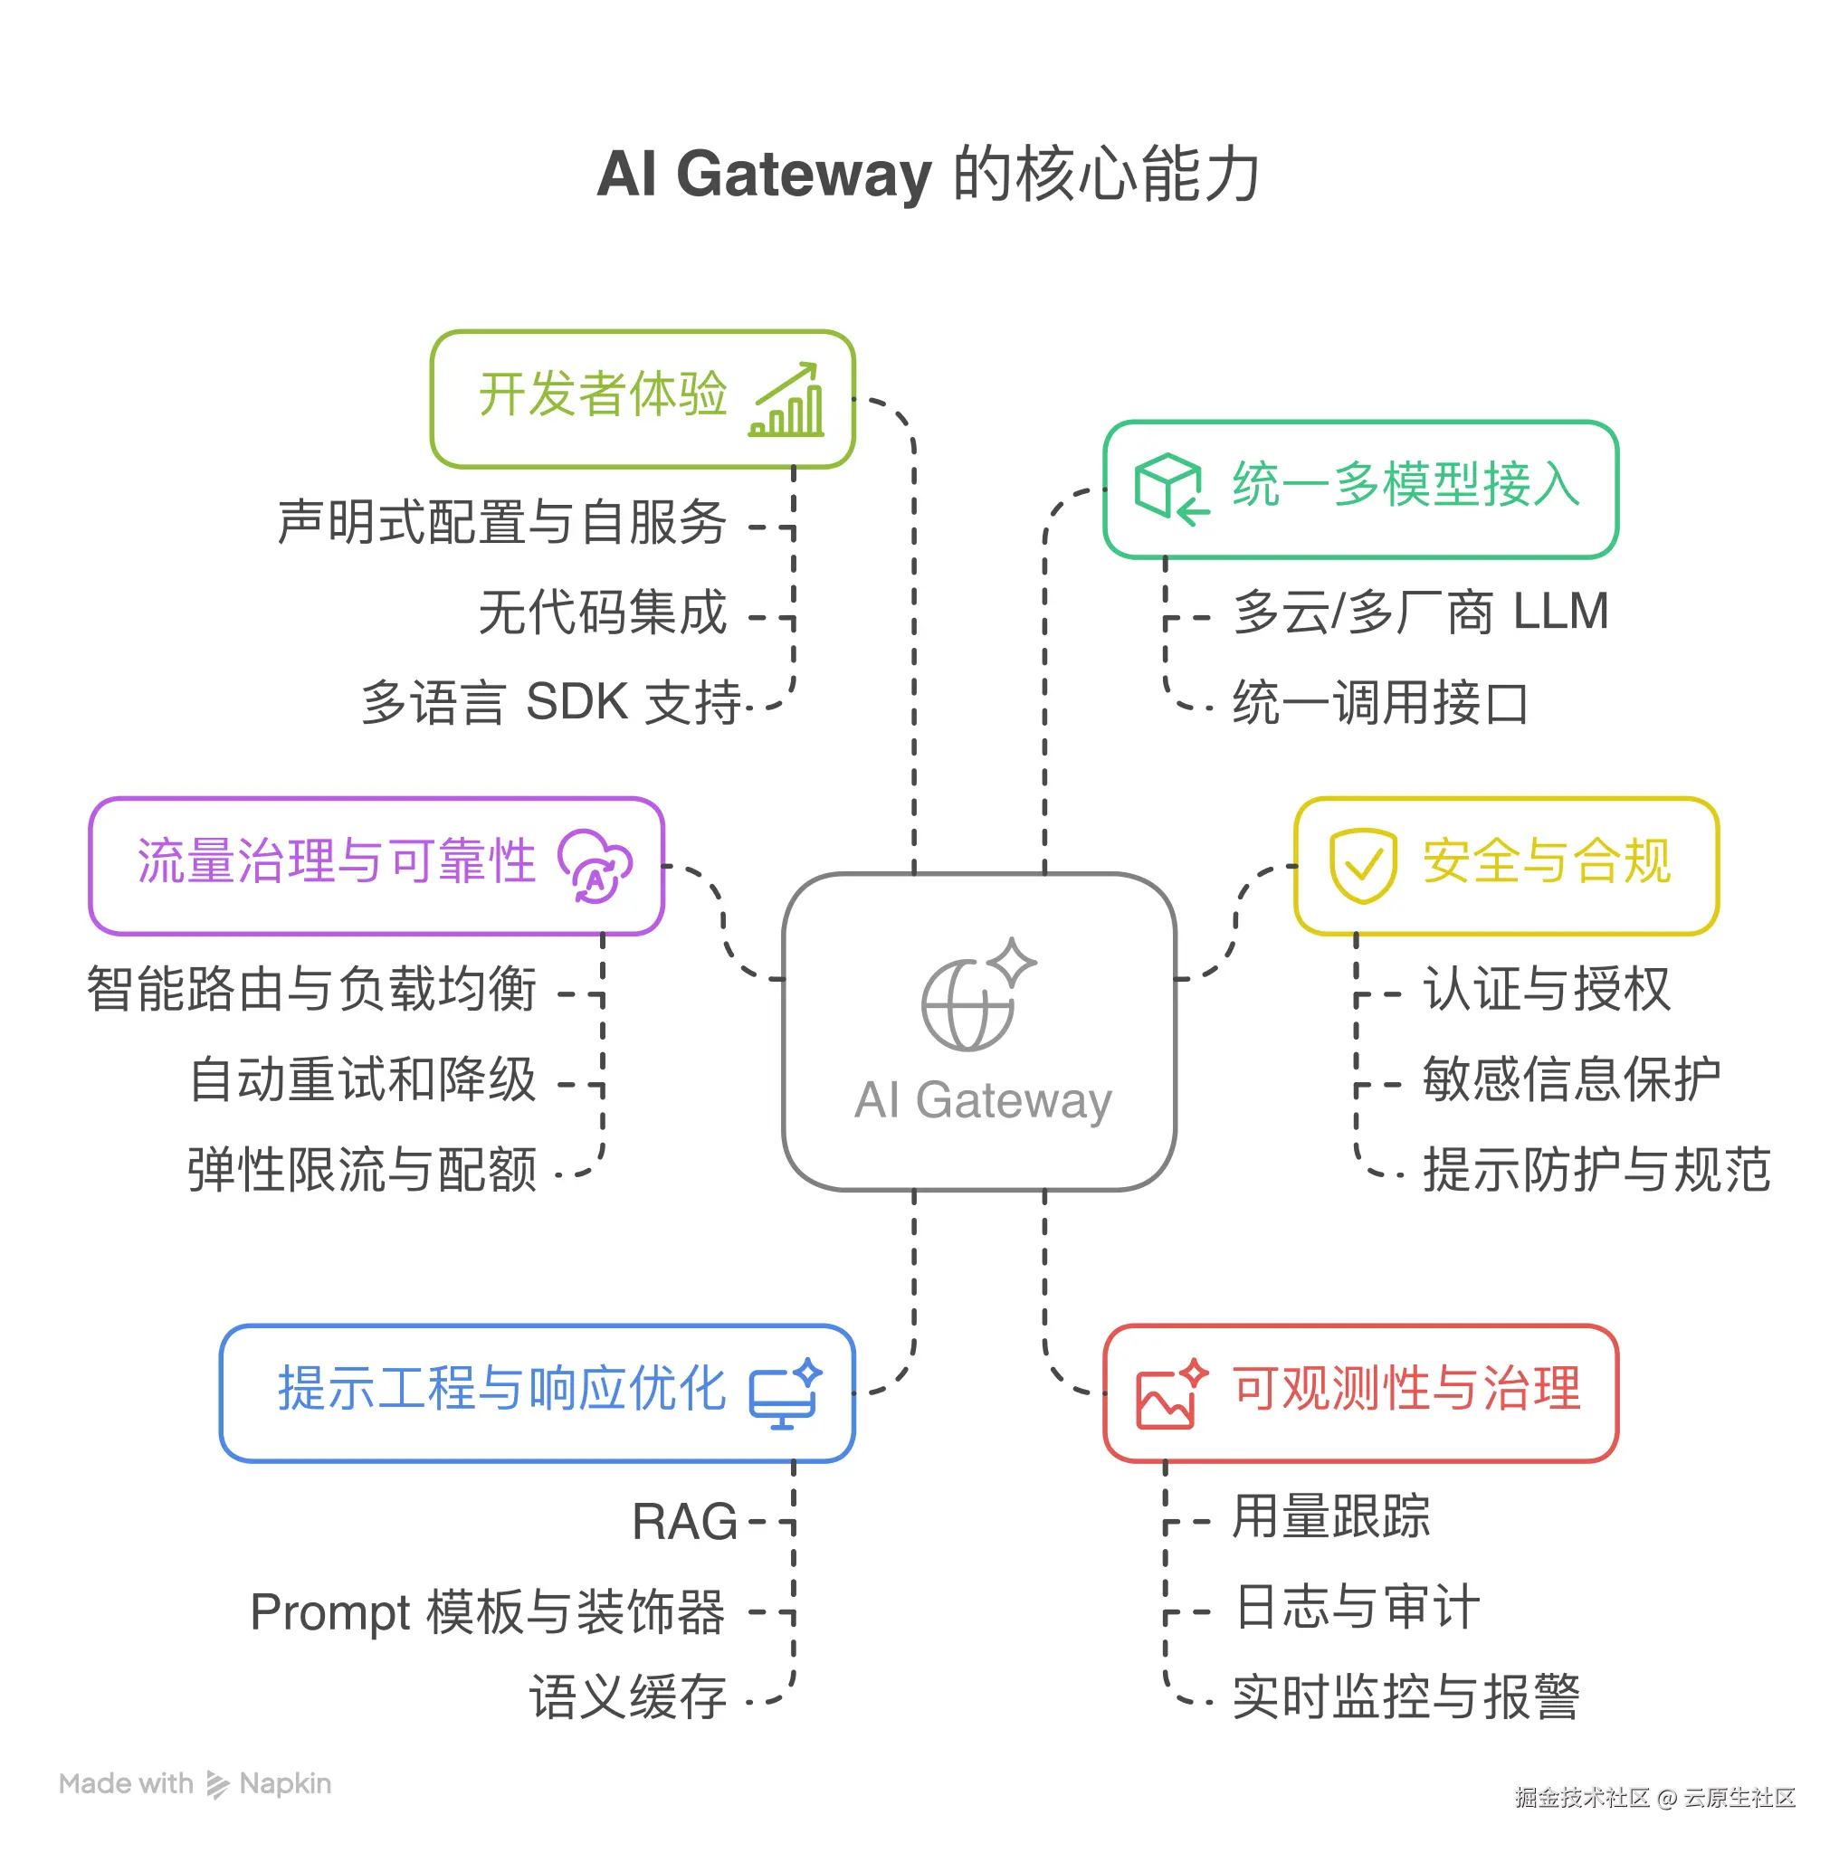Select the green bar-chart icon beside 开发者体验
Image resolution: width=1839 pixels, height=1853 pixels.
tap(786, 401)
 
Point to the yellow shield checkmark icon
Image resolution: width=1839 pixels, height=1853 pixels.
tap(1362, 865)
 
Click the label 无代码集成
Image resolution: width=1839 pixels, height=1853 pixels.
tap(603, 613)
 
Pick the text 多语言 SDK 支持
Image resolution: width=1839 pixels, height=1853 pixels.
tap(551, 702)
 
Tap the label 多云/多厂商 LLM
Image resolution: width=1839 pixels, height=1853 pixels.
tap(1420, 612)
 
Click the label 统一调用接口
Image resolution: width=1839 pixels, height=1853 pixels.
tap(1379, 703)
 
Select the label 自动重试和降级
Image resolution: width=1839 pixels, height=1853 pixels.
tap(363, 1079)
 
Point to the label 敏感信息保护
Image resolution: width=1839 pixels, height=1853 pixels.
tap(1570, 1079)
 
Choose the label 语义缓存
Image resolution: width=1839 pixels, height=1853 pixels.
tap(628, 1697)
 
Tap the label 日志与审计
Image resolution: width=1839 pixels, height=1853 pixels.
tap(1357, 1608)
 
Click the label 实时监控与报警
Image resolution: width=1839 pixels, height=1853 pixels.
tap(1405, 1697)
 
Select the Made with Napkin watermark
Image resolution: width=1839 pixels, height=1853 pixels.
tap(195, 1784)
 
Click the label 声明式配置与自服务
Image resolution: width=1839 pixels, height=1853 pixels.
tap(501, 523)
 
